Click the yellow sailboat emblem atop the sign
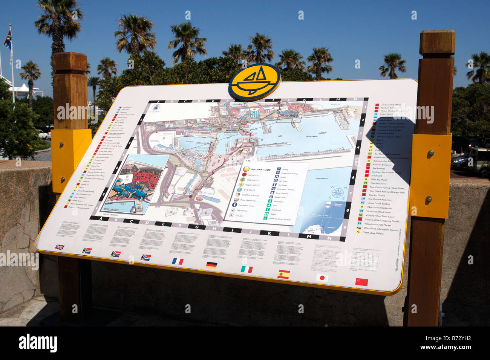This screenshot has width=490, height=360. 254,81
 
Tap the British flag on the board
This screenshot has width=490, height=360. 60,247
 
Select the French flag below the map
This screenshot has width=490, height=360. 178,261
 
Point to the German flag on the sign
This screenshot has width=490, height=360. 211,265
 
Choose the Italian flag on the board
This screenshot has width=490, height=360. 247,269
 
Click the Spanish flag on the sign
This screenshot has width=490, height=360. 283,274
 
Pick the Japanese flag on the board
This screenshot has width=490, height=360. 322,278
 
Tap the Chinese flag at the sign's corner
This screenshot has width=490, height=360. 361,282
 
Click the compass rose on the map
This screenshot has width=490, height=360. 337,192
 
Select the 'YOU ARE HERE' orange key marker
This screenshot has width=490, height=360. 246,169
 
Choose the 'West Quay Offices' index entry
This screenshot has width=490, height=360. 373,233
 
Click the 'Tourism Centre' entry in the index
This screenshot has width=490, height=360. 376,195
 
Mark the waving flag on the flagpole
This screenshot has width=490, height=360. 8,40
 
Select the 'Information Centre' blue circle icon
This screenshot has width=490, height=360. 234,204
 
